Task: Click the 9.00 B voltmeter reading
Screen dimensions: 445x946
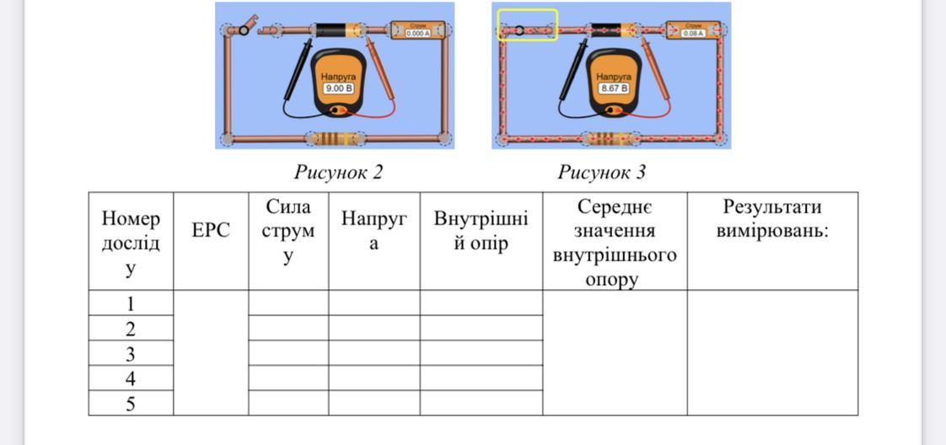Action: [338, 88]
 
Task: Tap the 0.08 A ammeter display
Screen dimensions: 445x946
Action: [693, 34]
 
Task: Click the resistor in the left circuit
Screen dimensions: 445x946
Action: [335, 139]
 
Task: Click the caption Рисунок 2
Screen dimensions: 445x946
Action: [338, 173]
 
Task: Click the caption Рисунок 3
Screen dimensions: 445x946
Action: [601, 173]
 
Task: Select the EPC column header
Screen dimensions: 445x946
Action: [211, 231]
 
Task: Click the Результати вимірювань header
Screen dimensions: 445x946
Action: [772, 219]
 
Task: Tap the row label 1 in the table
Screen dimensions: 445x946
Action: [131, 303]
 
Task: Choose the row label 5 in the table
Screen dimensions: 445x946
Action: [131, 404]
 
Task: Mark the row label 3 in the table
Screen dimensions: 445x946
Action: [131, 353]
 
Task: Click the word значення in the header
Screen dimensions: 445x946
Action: [615, 231]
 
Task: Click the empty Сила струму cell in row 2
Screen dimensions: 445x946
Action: [288, 328]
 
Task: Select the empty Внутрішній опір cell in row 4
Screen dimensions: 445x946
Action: [481, 378]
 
